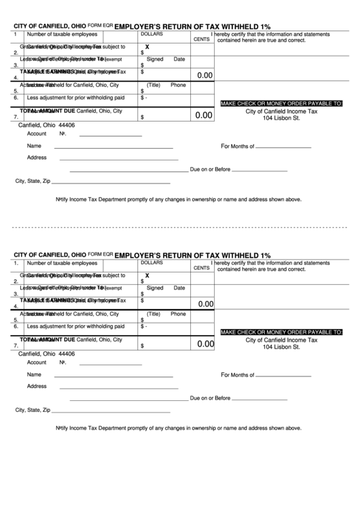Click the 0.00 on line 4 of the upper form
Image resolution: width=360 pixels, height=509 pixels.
click(204, 75)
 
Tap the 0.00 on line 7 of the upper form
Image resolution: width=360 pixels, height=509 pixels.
click(204, 116)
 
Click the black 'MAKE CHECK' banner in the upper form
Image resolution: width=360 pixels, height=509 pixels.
click(281, 103)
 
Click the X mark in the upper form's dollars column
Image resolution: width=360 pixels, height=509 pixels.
click(147, 47)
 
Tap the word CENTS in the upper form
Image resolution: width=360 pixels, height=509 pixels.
click(202, 39)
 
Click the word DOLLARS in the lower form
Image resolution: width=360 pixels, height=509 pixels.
click(151, 262)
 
